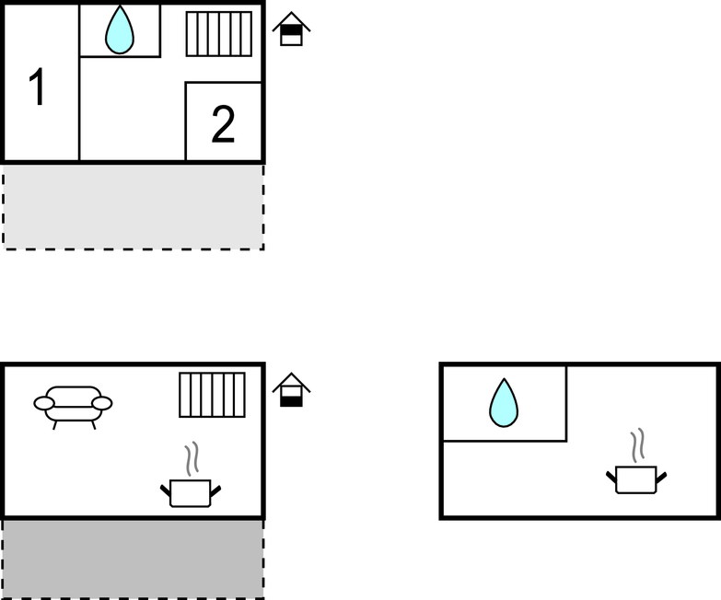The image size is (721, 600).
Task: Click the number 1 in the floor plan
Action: pyautogui.click(x=37, y=88)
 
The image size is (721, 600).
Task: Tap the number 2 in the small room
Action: pyautogui.click(x=223, y=125)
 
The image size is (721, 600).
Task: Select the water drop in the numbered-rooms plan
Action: pyautogui.click(x=120, y=30)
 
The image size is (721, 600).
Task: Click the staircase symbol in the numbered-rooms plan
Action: pyautogui.click(x=219, y=34)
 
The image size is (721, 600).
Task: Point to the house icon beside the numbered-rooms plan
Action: pyautogui.click(x=291, y=29)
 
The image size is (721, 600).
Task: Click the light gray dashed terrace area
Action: pyautogui.click(x=133, y=206)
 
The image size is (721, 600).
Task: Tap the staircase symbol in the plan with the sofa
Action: pyautogui.click(x=212, y=395)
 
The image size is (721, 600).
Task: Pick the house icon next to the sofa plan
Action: pyautogui.click(x=291, y=390)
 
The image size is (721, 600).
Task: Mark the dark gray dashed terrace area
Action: pyautogui.click(x=133, y=559)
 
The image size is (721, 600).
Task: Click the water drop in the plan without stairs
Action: pyautogui.click(x=504, y=403)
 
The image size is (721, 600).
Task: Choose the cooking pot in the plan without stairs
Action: pyautogui.click(x=635, y=479)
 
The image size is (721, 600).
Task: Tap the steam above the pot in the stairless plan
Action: pyautogui.click(x=636, y=444)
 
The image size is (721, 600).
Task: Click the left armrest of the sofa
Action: pyautogui.click(x=43, y=403)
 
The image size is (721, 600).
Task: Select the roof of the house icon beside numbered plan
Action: pyautogui.click(x=291, y=18)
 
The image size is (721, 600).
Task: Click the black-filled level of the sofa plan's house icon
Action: pyautogui.click(x=291, y=399)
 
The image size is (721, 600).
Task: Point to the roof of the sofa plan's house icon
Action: pyautogui.click(x=291, y=379)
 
